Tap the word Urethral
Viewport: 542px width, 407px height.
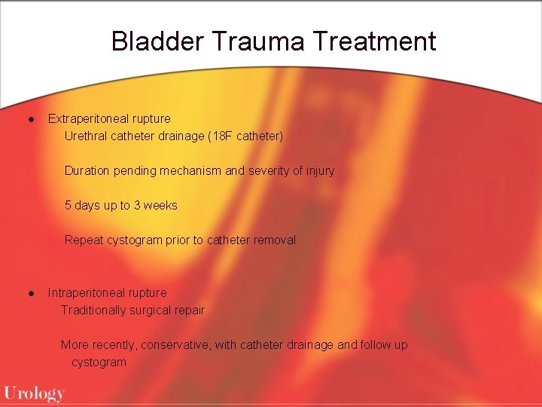pyautogui.click(x=87, y=136)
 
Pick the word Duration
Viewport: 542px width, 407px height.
pyautogui.click(x=87, y=171)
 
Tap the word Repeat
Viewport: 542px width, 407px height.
pyautogui.click(x=84, y=240)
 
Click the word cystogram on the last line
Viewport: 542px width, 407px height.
pyautogui.click(x=99, y=363)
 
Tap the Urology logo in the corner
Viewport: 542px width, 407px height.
pyautogui.click(x=34, y=393)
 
